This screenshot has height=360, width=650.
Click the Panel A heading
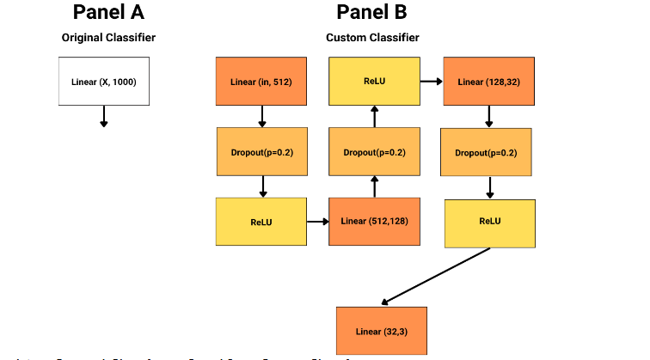[108, 12]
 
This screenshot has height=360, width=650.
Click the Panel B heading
[372, 12]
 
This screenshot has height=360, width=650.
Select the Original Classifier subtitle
[108, 38]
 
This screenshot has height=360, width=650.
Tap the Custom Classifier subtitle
[372, 38]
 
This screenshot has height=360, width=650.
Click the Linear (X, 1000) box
[104, 82]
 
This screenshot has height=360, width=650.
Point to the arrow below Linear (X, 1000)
[104, 116]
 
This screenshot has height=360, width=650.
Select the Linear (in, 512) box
[261, 82]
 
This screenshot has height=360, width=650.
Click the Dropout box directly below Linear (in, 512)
[261, 152]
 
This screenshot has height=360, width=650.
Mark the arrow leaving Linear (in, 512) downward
[261, 116]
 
